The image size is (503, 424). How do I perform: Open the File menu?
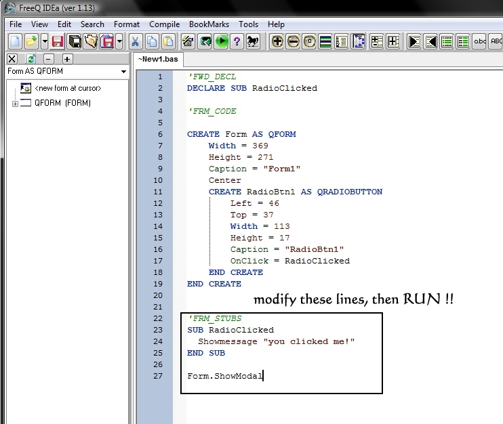pos(16,24)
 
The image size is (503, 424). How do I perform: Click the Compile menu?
pos(164,24)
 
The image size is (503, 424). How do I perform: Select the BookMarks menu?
pos(209,24)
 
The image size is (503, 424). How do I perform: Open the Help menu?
pos(276,24)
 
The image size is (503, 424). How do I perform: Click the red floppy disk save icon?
pos(58,42)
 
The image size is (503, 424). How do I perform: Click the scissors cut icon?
pos(135,42)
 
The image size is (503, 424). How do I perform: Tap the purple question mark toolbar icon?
pos(237,42)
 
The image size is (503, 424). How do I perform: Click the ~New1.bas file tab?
pos(158,60)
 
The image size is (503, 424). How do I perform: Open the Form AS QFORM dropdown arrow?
pos(123,72)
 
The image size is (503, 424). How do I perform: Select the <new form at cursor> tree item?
pos(68,88)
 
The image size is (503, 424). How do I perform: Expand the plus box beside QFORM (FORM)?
pos(15,104)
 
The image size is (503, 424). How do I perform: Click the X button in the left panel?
pos(12,59)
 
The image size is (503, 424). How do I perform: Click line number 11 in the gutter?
pos(158,192)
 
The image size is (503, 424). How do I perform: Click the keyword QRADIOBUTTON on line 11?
pos(350,192)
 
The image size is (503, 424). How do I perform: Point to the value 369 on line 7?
pos(260,146)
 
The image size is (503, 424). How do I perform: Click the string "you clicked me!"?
pos(309,341)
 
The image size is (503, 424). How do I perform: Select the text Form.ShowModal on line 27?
pos(225,376)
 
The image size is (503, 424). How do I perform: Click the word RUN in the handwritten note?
pos(422,299)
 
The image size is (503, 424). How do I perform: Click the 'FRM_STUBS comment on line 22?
pos(215,318)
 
